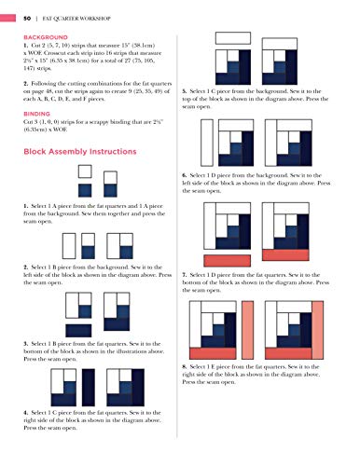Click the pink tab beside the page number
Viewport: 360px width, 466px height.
5,11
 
